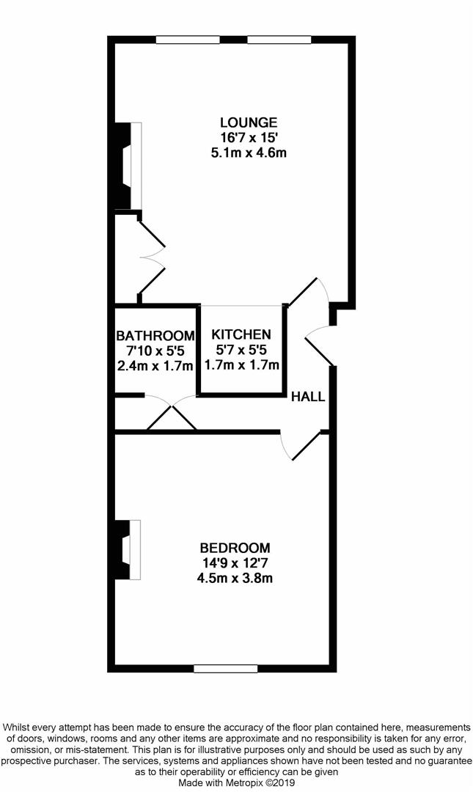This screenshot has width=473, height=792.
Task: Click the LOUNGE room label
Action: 249,122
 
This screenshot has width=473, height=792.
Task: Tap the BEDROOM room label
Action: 235,548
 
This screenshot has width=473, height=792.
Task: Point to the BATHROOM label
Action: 155,336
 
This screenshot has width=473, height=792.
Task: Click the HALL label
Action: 308,397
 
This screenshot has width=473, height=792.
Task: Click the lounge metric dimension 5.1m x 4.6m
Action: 249,152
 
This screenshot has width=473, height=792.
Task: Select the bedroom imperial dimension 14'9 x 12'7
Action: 235,562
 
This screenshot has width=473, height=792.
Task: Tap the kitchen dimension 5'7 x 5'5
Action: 241,350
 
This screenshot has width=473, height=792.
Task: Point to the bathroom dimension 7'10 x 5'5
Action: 155,351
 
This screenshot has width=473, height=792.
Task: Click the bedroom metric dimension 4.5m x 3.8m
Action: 235,578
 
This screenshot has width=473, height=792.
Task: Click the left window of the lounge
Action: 188,40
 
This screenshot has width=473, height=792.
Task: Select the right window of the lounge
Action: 279,40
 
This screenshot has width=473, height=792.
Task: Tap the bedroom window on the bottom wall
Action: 225,669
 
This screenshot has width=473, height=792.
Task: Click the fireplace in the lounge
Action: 128,166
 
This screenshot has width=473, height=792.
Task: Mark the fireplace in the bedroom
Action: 128,549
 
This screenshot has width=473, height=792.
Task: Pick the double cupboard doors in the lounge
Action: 152,257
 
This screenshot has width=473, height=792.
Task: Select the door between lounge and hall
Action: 308,292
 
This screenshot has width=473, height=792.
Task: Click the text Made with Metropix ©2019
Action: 236,782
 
